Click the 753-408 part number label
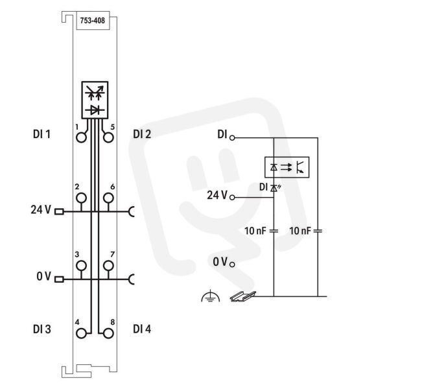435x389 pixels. (x=93, y=21)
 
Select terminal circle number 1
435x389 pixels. (x=81, y=137)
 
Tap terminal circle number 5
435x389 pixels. (x=108, y=137)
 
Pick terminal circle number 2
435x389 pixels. (x=81, y=198)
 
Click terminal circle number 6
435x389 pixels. (x=108, y=198)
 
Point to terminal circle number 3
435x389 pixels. (x=81, y=266)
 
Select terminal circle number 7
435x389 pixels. (x=108, y=266)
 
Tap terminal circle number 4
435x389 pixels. (x=81, y=333)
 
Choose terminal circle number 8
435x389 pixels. (x=108, y=333)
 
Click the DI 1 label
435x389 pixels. (x=41, y=134)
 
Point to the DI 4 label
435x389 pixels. (x=142, y=329)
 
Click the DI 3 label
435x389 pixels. (x=42, y=329)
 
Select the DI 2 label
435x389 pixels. (x=142, y=134)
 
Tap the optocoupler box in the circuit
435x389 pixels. (x=287, y=167)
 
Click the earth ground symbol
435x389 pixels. (x=211, y=296)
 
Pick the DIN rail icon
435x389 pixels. (x=243, y=296)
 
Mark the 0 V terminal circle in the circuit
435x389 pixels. (x=232, y=265)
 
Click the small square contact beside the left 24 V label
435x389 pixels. (x=59, y=212)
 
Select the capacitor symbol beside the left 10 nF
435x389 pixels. (x=274, y=231)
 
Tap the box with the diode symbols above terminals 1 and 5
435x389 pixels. (x=95, y=100)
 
